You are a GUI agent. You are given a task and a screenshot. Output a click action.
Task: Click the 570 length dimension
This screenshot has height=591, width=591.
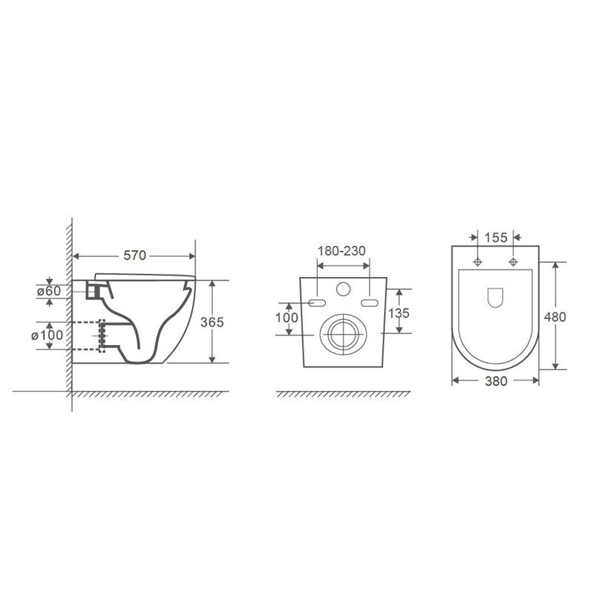coord(134,256)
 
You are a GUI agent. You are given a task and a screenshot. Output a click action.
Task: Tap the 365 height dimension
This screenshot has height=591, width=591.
coord(212,322)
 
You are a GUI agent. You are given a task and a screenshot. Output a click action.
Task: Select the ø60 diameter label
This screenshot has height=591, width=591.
coord(49,291)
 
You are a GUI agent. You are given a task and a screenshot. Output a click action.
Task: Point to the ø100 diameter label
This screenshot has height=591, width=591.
coord(47,335)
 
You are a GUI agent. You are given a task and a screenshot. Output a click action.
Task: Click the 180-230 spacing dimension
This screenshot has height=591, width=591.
coord(342,251)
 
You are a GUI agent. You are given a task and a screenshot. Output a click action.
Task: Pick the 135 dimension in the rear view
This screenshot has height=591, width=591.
coord(398,312)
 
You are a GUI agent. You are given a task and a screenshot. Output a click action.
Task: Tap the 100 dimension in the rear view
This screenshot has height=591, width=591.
coord(287,318)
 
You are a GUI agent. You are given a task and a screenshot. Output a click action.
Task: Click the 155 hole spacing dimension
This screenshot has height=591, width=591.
coord(496,237)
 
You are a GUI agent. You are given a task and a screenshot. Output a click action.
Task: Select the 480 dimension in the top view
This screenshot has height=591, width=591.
coord(555,317)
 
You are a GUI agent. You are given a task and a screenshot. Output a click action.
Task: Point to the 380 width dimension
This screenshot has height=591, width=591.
coord(496,381)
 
